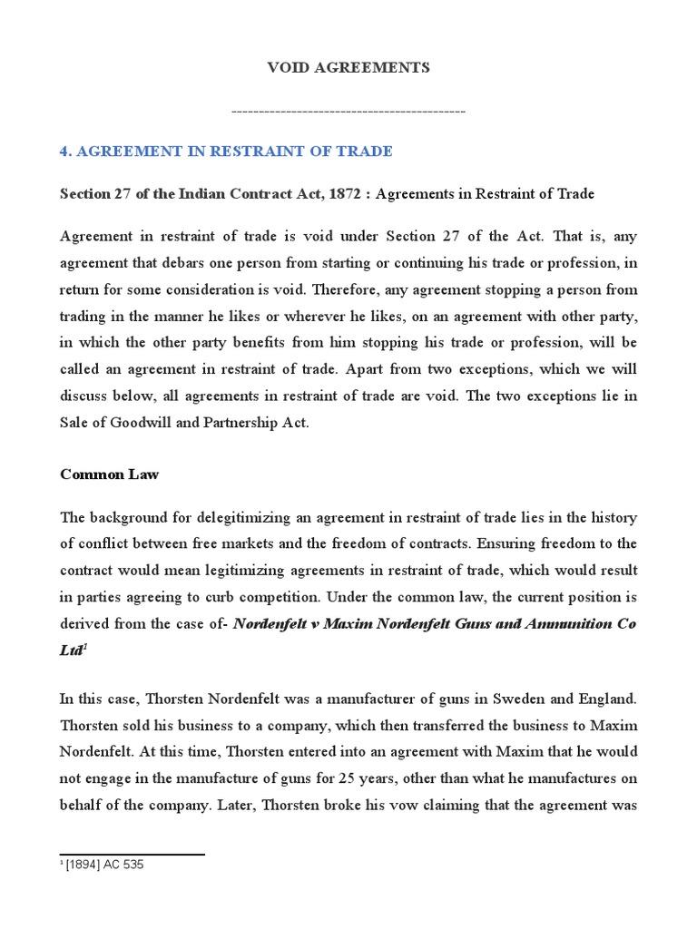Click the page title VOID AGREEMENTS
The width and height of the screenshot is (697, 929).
(348, 68)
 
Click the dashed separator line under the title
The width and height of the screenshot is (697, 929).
(348, 111)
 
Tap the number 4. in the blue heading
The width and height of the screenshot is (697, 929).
(65, 152)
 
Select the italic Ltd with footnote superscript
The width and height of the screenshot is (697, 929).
(73, 650)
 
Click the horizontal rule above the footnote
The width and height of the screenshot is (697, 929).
(132, 854)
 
